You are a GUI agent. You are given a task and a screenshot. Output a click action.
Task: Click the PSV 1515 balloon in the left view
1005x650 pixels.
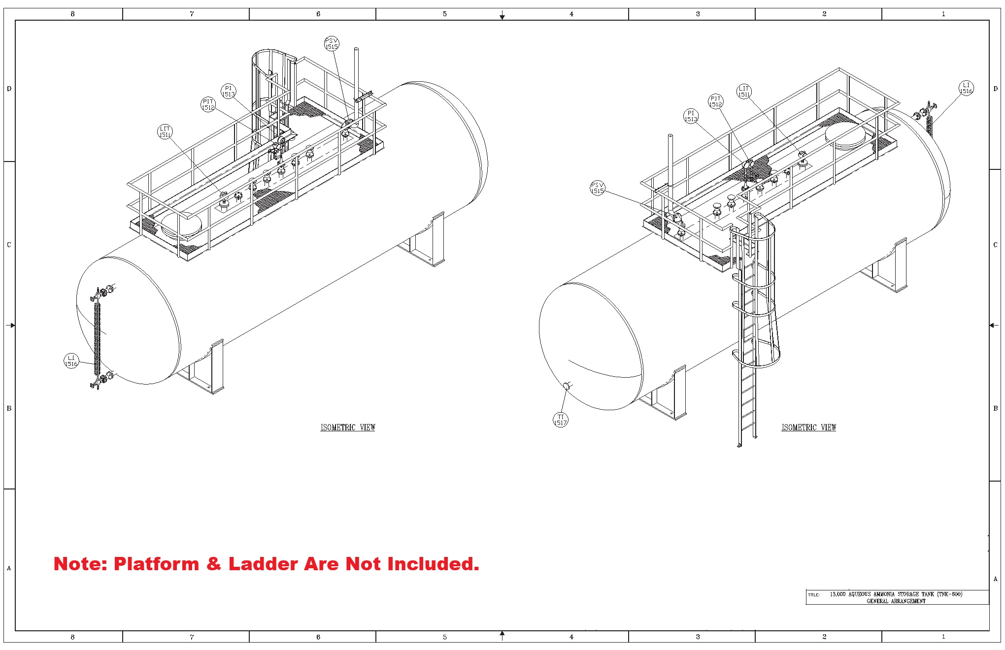332,44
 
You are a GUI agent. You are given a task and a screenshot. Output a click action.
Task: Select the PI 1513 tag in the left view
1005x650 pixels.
228,92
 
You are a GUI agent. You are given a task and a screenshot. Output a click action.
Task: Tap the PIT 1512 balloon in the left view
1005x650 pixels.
208,104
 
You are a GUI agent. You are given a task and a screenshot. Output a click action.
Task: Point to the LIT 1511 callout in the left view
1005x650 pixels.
165,131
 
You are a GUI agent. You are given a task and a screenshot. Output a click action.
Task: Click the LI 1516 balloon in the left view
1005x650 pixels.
71,360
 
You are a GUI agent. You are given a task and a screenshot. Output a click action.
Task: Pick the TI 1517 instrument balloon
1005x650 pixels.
561,420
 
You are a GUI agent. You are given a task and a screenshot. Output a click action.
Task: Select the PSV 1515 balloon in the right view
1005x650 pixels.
598,188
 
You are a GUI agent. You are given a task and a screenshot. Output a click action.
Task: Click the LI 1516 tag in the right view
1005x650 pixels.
966,88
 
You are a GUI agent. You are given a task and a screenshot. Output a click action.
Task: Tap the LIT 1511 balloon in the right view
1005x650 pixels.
744,91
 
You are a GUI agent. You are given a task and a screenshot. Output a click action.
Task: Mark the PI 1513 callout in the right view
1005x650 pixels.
691,116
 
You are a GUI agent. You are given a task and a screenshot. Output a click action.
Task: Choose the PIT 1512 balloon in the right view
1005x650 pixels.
715,101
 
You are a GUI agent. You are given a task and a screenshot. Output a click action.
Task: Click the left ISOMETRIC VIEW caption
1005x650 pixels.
348,427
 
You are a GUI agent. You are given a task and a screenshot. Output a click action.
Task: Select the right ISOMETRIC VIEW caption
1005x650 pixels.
808,427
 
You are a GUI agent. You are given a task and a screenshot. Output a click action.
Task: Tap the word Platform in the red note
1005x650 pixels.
156,564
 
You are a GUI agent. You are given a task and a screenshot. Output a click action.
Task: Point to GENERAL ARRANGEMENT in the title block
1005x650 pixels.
896,601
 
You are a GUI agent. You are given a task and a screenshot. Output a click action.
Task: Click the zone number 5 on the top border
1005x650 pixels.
445,14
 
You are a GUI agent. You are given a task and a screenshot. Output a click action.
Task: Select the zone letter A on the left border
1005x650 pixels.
9,568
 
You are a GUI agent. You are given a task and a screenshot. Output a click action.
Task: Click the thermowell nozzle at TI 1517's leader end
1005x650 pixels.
567,387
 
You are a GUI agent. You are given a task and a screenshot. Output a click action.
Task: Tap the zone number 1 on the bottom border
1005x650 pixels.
943,637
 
